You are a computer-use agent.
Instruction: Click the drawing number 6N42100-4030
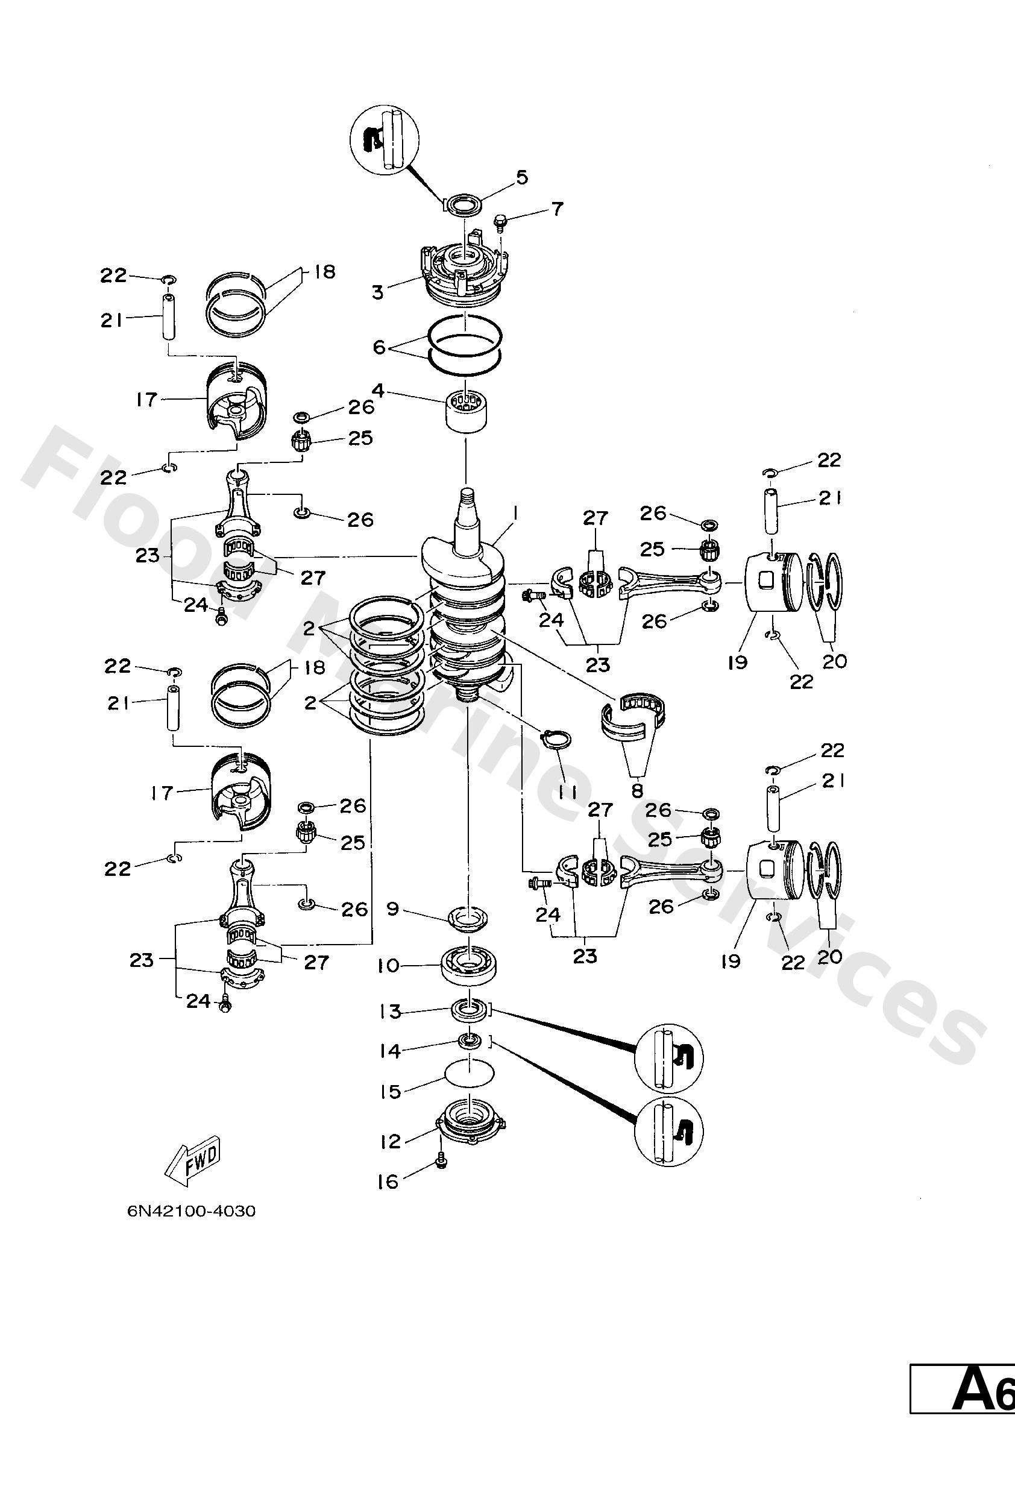[191, 1211]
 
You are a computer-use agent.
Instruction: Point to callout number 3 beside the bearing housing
[377, 293]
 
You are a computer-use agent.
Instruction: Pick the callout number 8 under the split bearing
[638, 789]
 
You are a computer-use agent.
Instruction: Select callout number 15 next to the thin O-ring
[391, 1091]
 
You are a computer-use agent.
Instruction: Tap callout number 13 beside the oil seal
[391, 1012]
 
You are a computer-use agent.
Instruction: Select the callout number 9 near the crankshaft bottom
[392, 909]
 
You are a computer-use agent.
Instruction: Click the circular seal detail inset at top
[385, 139]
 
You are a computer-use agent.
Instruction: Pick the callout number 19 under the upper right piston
[737, 662]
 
